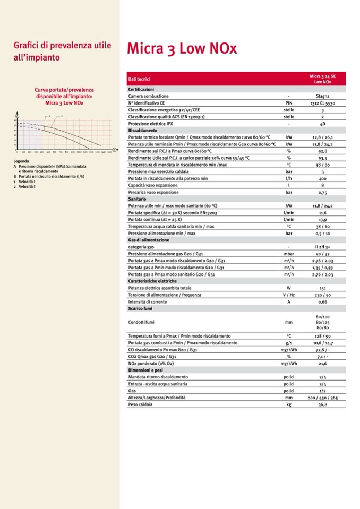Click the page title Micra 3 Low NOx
pyautogui.click(x=182, y=49)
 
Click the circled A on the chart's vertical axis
pyautogui.click(x=16, y=116)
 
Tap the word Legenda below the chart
pyautogui.click(x=21, y=161)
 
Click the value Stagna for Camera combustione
pyautogui.click(x=322, y=96)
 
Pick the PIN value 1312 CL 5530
pyautogui.click(x=322, y=103)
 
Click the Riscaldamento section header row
pyautogui.click(x=143, y=130)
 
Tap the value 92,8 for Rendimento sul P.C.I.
pyautogui.click(x=322, y=151)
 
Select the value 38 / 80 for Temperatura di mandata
pyautogui.click(x=322, y=165)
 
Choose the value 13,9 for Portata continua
pyautogui.click(x=322, y=219)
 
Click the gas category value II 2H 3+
pyautogui.click(x=322, y=247)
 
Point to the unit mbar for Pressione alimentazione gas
pyautogui.click(x=289, y=254)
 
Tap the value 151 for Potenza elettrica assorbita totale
pyautogui.click(x=322, y=288)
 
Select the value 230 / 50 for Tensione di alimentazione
pyautogui.click(x=322, y=295)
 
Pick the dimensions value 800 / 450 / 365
pyautogui.click(x=322, y=397)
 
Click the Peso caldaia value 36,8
pyautogui.click(x=322, y=404)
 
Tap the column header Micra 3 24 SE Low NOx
pyautogui.click(x=322, y=79)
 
